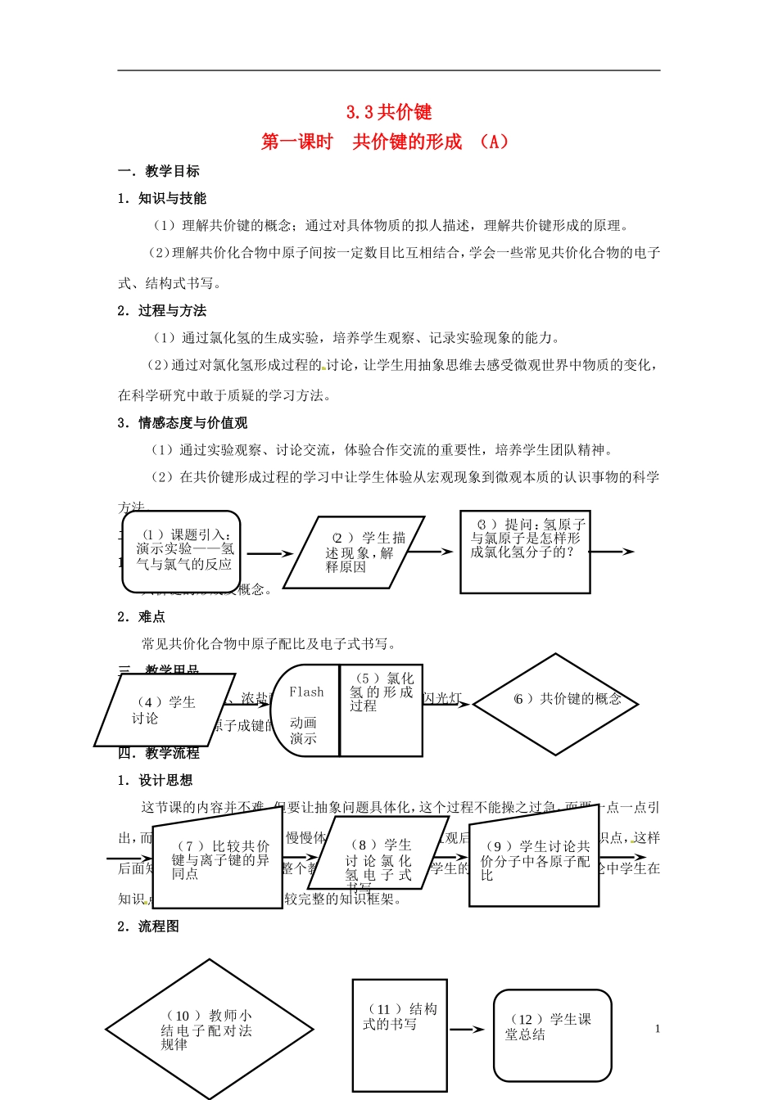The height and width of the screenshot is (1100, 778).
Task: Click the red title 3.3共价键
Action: (389, 112)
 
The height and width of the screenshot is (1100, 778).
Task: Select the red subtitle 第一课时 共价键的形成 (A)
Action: (385, 142)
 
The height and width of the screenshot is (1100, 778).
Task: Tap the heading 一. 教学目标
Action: (159, 171)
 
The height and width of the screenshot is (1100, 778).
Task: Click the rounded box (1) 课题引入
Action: (182, 551)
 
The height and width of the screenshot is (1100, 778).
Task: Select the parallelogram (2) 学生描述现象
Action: (354, 552)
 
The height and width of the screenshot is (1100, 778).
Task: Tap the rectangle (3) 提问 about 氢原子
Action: (525, 551)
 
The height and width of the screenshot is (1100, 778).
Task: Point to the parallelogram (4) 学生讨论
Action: (164, 710)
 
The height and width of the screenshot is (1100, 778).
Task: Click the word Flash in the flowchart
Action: (306, 692)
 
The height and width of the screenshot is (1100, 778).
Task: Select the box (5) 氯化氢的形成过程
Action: (382, 710)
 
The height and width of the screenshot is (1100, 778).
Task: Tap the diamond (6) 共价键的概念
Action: (556, 704)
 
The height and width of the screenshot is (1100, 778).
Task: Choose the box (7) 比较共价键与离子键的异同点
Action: (217, 859)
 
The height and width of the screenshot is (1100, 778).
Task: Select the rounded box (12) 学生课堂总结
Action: (553, 1035)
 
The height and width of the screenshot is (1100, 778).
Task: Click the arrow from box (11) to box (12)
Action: (467, 1030)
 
